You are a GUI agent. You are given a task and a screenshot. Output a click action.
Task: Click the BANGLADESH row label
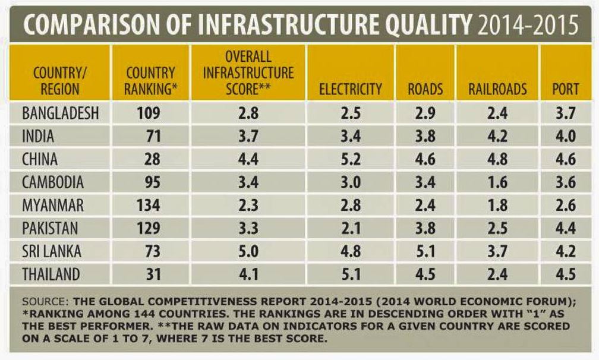60,112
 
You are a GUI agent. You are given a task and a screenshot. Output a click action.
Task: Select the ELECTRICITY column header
350,89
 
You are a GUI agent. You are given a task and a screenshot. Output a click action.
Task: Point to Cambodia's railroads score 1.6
497,182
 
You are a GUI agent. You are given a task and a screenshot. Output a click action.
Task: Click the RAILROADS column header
497,89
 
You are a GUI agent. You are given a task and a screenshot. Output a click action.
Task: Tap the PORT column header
565,89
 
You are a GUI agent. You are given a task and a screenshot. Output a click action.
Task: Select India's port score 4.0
565,135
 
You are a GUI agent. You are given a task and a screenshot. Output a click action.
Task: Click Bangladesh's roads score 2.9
425,112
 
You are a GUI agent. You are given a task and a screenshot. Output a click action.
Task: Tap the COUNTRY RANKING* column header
151,82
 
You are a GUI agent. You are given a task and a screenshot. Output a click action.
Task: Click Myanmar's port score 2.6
565,205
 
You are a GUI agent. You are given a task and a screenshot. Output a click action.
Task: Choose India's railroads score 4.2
497,135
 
